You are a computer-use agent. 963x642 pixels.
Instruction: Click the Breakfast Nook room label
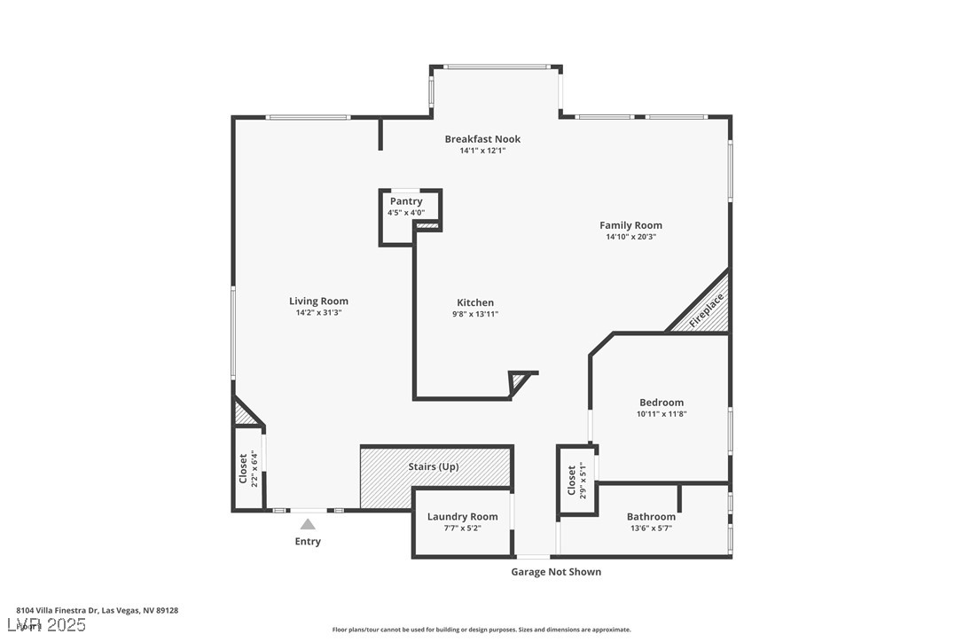click(482, 139)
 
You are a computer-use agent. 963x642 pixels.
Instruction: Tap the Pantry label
click(406, 201)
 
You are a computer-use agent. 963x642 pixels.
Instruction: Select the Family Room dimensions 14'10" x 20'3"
click(630, 237)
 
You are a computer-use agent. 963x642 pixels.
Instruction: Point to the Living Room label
click(318, 301)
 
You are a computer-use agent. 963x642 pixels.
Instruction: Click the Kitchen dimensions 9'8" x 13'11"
click(475, 314)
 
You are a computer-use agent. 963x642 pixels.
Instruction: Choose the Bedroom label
click(662, 403)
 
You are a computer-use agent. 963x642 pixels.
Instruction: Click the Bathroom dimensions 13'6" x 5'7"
click(651, 528)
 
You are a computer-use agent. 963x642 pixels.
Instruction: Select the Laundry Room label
click(462, 517)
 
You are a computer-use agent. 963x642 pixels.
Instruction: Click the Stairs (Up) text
click(434, 466)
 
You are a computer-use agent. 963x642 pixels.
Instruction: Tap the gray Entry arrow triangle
click(308, 524)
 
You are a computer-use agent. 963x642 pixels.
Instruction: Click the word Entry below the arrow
click(308, 542)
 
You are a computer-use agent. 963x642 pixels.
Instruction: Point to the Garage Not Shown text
click(556, 572)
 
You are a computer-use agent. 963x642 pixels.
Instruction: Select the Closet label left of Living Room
click(243, 468)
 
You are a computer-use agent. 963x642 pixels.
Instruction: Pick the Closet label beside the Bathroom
click(572, 481)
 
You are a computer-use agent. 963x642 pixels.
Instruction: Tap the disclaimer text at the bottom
click(481, 630)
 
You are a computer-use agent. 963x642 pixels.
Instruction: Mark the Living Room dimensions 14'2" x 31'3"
click(318, 313)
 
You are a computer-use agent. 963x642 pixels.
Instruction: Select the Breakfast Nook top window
click(497, 67)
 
